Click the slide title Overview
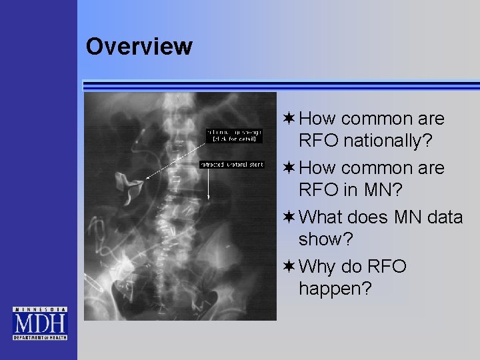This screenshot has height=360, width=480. coord(139,47)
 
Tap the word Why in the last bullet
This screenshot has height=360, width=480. coord(319,267)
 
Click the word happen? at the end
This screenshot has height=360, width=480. coord(335,289)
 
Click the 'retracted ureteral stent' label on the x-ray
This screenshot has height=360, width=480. coord(232,164)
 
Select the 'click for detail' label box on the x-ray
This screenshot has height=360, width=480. coord(233,135)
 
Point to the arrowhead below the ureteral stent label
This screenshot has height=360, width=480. coord(209,197)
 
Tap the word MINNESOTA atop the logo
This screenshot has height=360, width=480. coord(40,310)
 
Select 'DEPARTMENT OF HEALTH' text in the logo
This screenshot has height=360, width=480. coord(40,337)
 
